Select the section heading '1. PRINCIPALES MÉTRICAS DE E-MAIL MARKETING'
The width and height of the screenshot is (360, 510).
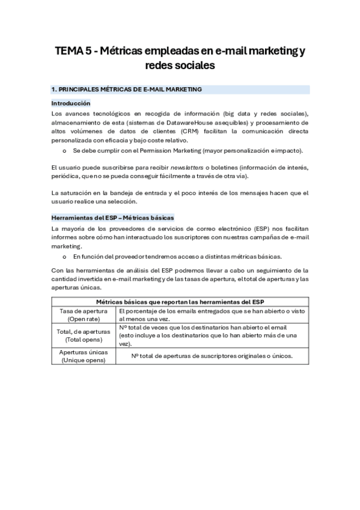[x=126, y=90]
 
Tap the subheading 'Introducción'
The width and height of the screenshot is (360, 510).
[x=71, y=103]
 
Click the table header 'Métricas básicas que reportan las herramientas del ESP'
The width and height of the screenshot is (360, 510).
[x=180, y=301]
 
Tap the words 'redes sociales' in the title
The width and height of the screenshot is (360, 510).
[x=180, y=65]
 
